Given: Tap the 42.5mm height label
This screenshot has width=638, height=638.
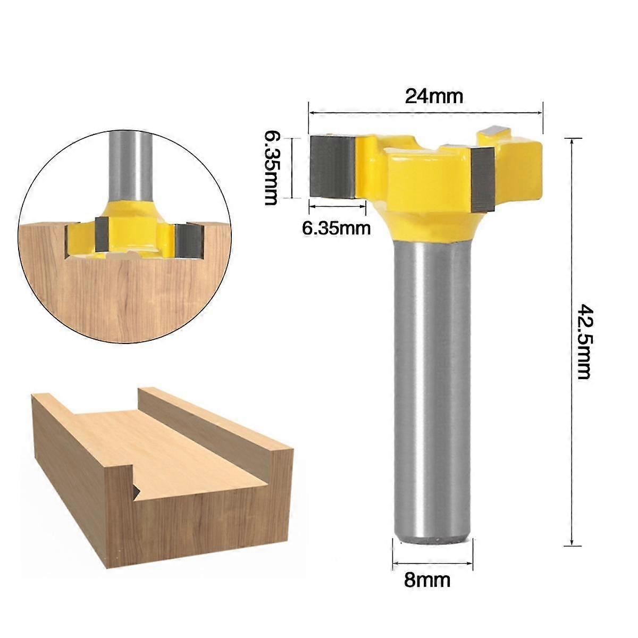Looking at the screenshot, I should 584,341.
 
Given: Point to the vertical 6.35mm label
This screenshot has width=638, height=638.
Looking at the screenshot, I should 271,168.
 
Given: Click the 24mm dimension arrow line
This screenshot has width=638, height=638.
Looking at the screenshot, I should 425,113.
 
